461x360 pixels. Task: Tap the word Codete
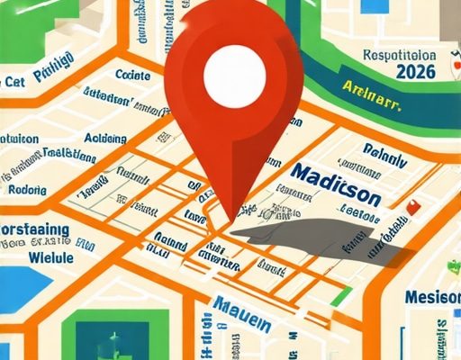pos(134,75)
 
